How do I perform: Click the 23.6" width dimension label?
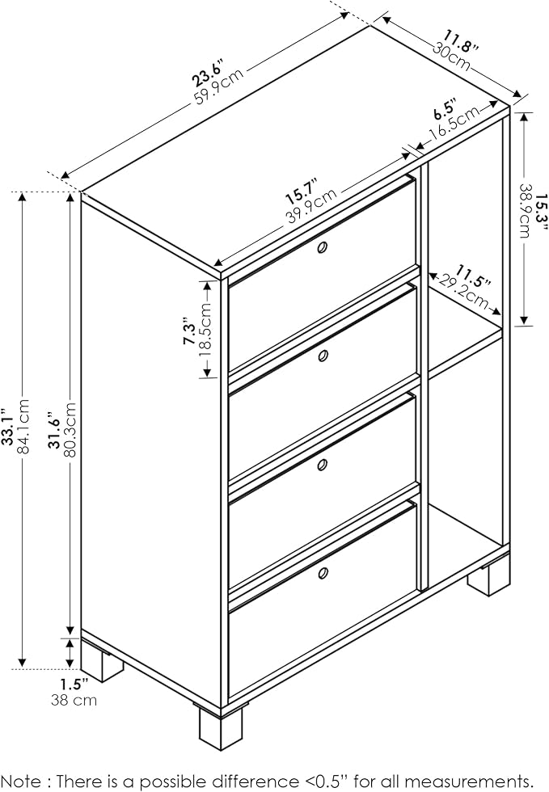[208, 72]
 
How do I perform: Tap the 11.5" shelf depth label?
[473, 276]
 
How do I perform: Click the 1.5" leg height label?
[74, 685]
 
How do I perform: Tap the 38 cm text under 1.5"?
[74, 700]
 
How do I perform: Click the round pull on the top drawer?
[322, 247]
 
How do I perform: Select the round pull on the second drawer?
[322, 356]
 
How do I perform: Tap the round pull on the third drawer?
[322, 465]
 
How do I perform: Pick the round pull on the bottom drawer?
[322, 573]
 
